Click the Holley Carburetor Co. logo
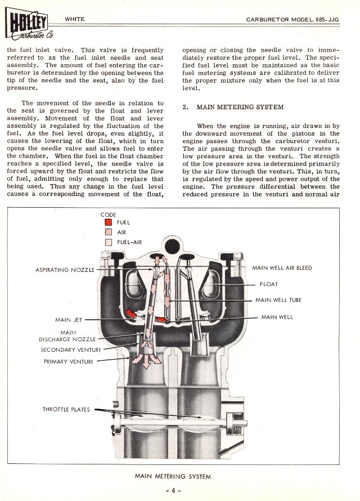(x=28, y=23)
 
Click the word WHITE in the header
(x=75, y=19)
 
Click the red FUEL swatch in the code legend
(x=109, y=222)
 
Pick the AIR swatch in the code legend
(x=109, y=232)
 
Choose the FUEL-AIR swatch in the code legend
(x=109, y=241)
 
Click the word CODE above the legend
(x=108, y=214)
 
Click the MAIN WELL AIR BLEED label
(x=282, y=267)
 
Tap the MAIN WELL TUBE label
(x=278, y=300)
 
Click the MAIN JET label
(x=69, y=320)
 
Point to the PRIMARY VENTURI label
(x=69, y=361)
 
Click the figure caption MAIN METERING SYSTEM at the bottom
(x=173, y=476)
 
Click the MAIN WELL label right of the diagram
(x=277, y=317)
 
